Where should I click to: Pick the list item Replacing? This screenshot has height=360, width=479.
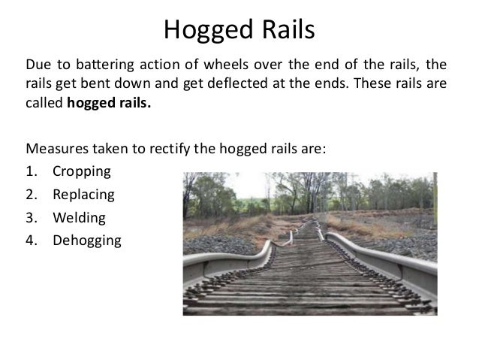tap(83, 195)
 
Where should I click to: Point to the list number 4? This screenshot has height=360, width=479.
tap(31, 242)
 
